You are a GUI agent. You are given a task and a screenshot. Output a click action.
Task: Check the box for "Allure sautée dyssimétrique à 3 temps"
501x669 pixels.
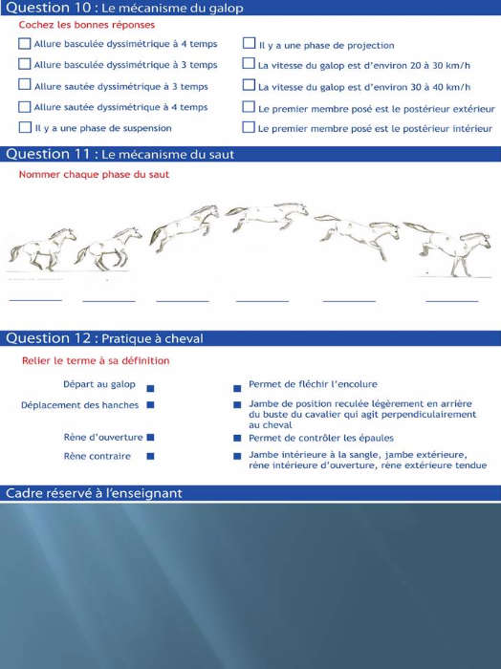tap(25, 84)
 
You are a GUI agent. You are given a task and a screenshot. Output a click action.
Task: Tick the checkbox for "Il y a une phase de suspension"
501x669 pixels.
tap(25, 127)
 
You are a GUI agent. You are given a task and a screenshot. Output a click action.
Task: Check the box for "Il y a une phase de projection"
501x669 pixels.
tap(249, 43)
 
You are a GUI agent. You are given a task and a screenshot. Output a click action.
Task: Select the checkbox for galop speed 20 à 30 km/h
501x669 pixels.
tap(249, 64)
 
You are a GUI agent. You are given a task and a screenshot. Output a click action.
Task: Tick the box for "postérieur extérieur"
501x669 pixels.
tap(249, 107)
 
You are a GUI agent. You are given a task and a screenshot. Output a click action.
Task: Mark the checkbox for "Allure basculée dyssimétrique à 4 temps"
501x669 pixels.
tap(25, 44)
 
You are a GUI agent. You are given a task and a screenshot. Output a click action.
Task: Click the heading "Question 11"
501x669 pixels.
tap(48, 154)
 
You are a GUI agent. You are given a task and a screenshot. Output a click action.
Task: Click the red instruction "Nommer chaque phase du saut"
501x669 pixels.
tap(94, 175)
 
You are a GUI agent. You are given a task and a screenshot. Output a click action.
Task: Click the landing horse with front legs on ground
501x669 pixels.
tap(447, 248)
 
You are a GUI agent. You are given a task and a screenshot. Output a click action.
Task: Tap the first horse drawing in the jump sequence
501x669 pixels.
tap(42, 249)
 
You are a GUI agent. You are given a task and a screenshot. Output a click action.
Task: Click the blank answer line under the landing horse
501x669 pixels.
tap(452, 301)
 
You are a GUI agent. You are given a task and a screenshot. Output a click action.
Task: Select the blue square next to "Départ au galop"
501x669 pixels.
tap(150, 388)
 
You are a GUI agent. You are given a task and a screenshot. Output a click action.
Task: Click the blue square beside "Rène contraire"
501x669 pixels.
tap(150, 456)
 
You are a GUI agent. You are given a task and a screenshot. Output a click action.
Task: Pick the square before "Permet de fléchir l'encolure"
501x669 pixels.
tap(237, 388)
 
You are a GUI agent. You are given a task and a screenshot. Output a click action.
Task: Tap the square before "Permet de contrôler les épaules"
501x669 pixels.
tap(237, 438)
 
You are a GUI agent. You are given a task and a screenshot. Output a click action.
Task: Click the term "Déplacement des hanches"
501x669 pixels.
tap(79, 405)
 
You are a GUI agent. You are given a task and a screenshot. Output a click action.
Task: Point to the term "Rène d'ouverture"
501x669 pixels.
tap(103, 438)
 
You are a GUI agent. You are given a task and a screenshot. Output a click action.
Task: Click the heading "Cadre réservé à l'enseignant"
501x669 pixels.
tap(94, 493)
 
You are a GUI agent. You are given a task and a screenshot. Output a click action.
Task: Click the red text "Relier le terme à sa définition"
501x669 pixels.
tap(96, 361)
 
